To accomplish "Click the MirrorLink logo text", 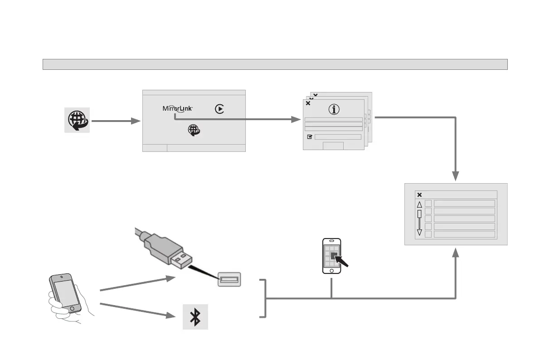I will (x=178, y=109).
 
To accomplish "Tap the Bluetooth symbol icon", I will (x=195, y=316).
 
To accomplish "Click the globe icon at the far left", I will (x=77, y=120).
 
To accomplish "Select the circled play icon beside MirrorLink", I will (x=219, y=109).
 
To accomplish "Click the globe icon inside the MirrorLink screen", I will (x=195, y=130).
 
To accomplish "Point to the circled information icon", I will (x=334, y=109).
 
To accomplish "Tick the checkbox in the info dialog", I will (x=310, y=136).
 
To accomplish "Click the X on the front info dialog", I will (x=308, y=103).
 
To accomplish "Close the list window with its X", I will (x=419, y=195).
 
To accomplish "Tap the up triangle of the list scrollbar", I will (x=419, y=204).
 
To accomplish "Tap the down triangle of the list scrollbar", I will (x=419, y=233).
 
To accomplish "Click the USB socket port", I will (x=229, y=279).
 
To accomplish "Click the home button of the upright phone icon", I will (x=332, y=270).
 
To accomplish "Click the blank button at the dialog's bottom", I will (x=333, y=146).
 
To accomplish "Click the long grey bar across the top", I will (x=275, y=64).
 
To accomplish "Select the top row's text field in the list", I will (x=464, y=203).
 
